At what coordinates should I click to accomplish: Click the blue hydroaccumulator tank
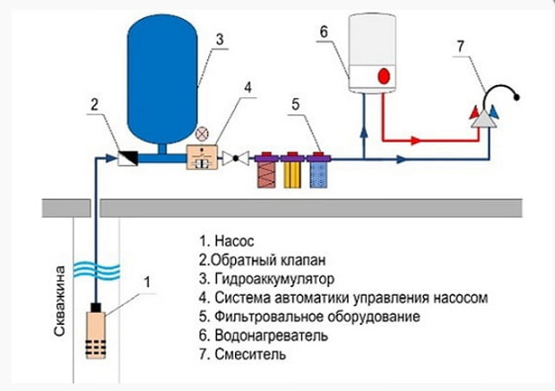click(x=163, y=78)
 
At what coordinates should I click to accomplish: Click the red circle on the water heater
click(x=382, y=76)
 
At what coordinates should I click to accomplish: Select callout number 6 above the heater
click(x=323, y=33)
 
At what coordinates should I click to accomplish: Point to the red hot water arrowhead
click(x=415, y=139)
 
